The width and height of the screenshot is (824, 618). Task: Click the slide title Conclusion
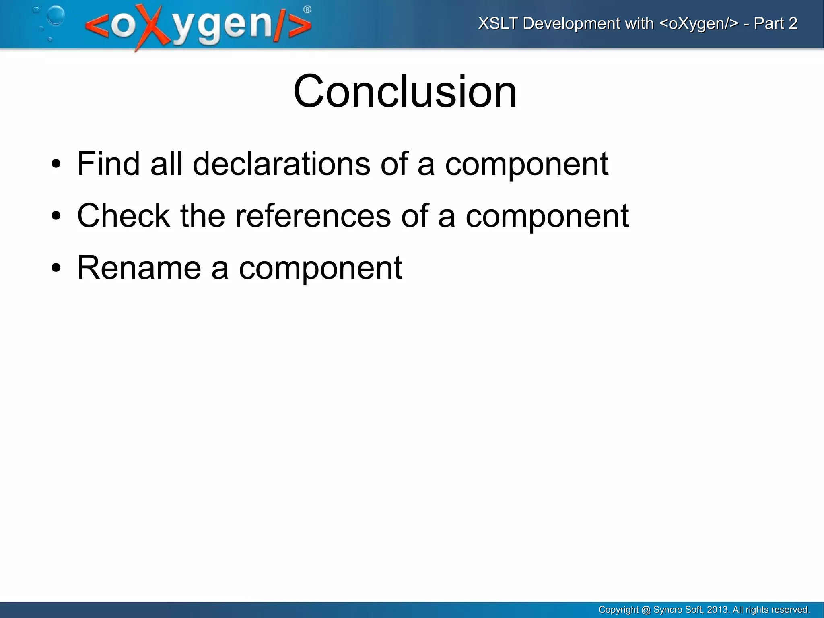tap(405, 91)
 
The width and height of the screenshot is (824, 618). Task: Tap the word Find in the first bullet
tap(108, 163)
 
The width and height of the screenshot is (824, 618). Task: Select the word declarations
tap(281, 163)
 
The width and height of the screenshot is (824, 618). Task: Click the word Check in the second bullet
tap(123, 215)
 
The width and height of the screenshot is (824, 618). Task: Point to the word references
tap(313, 215)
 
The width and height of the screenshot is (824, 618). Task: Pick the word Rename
tap(139, 267)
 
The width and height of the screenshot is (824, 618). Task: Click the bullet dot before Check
tap(56, 216)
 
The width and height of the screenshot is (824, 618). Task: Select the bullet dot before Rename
tap(56, 268)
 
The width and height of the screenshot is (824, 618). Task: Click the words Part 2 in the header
tap(775, 23)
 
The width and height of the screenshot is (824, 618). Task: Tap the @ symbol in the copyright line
tap(646, 610)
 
